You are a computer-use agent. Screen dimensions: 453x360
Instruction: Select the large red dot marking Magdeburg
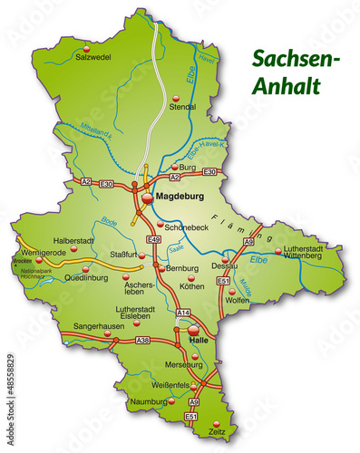(x=147, y=195)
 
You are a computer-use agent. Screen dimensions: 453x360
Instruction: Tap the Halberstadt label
(x=75, y=240)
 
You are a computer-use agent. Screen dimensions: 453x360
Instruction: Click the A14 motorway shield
(x=183, y=313)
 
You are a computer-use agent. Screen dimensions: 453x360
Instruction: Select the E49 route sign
(x=154, y=239)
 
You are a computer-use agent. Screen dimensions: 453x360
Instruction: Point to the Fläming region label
(x=225, y=220)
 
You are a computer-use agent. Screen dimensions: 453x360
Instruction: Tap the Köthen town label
(x=192, y=286)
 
